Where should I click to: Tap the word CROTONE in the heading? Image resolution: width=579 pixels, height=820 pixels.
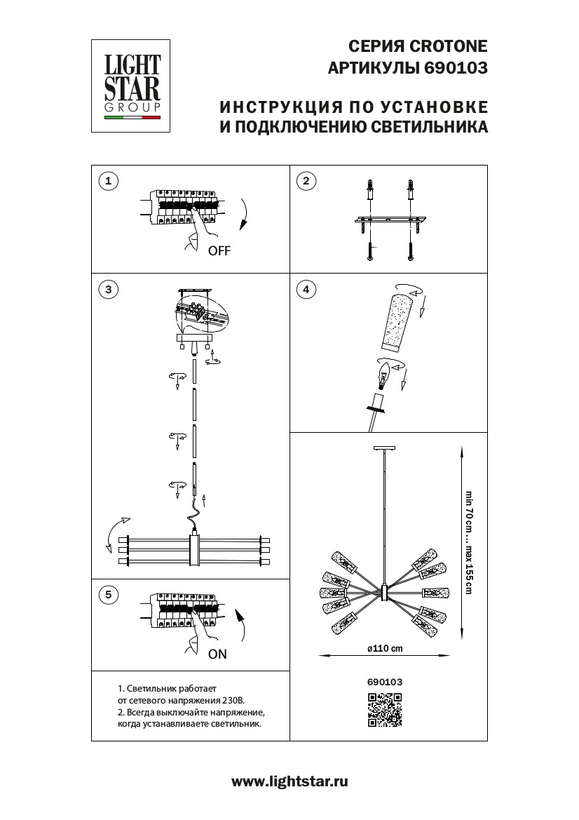448,46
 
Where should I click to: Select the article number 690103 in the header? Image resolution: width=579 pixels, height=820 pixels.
455,69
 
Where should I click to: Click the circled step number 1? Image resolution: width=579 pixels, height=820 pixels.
107,182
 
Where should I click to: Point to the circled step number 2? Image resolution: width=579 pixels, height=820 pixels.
305,182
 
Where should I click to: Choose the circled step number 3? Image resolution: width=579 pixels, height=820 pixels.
107,289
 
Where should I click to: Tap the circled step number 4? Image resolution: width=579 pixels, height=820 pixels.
305,289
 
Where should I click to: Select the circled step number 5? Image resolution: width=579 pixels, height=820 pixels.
107,595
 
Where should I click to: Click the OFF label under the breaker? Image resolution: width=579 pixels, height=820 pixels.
219,251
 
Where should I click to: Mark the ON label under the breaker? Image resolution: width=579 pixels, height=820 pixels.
218,654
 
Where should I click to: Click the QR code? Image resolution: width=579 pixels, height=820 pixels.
384,709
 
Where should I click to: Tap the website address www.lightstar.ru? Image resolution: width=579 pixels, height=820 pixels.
289,781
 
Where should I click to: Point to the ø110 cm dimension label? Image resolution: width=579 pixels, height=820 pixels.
385,648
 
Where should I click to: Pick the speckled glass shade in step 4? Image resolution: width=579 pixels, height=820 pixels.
395,322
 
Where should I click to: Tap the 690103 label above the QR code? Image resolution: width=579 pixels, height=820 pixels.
384,680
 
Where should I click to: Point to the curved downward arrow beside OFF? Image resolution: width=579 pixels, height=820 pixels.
245,214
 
